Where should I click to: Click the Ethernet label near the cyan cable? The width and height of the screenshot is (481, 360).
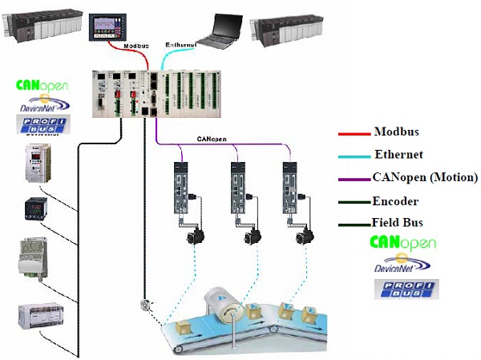click(x=180, y=45)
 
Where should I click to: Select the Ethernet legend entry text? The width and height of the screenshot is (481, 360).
click(x=398, y=155)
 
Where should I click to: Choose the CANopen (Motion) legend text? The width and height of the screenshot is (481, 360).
click(x=425, y=177)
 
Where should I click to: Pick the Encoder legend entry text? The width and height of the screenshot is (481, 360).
click(x=394, y=201)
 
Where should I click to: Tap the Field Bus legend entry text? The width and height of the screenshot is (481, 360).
click(x=397, y=223)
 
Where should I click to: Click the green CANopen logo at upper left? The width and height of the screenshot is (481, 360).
click(x=42, y=85)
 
